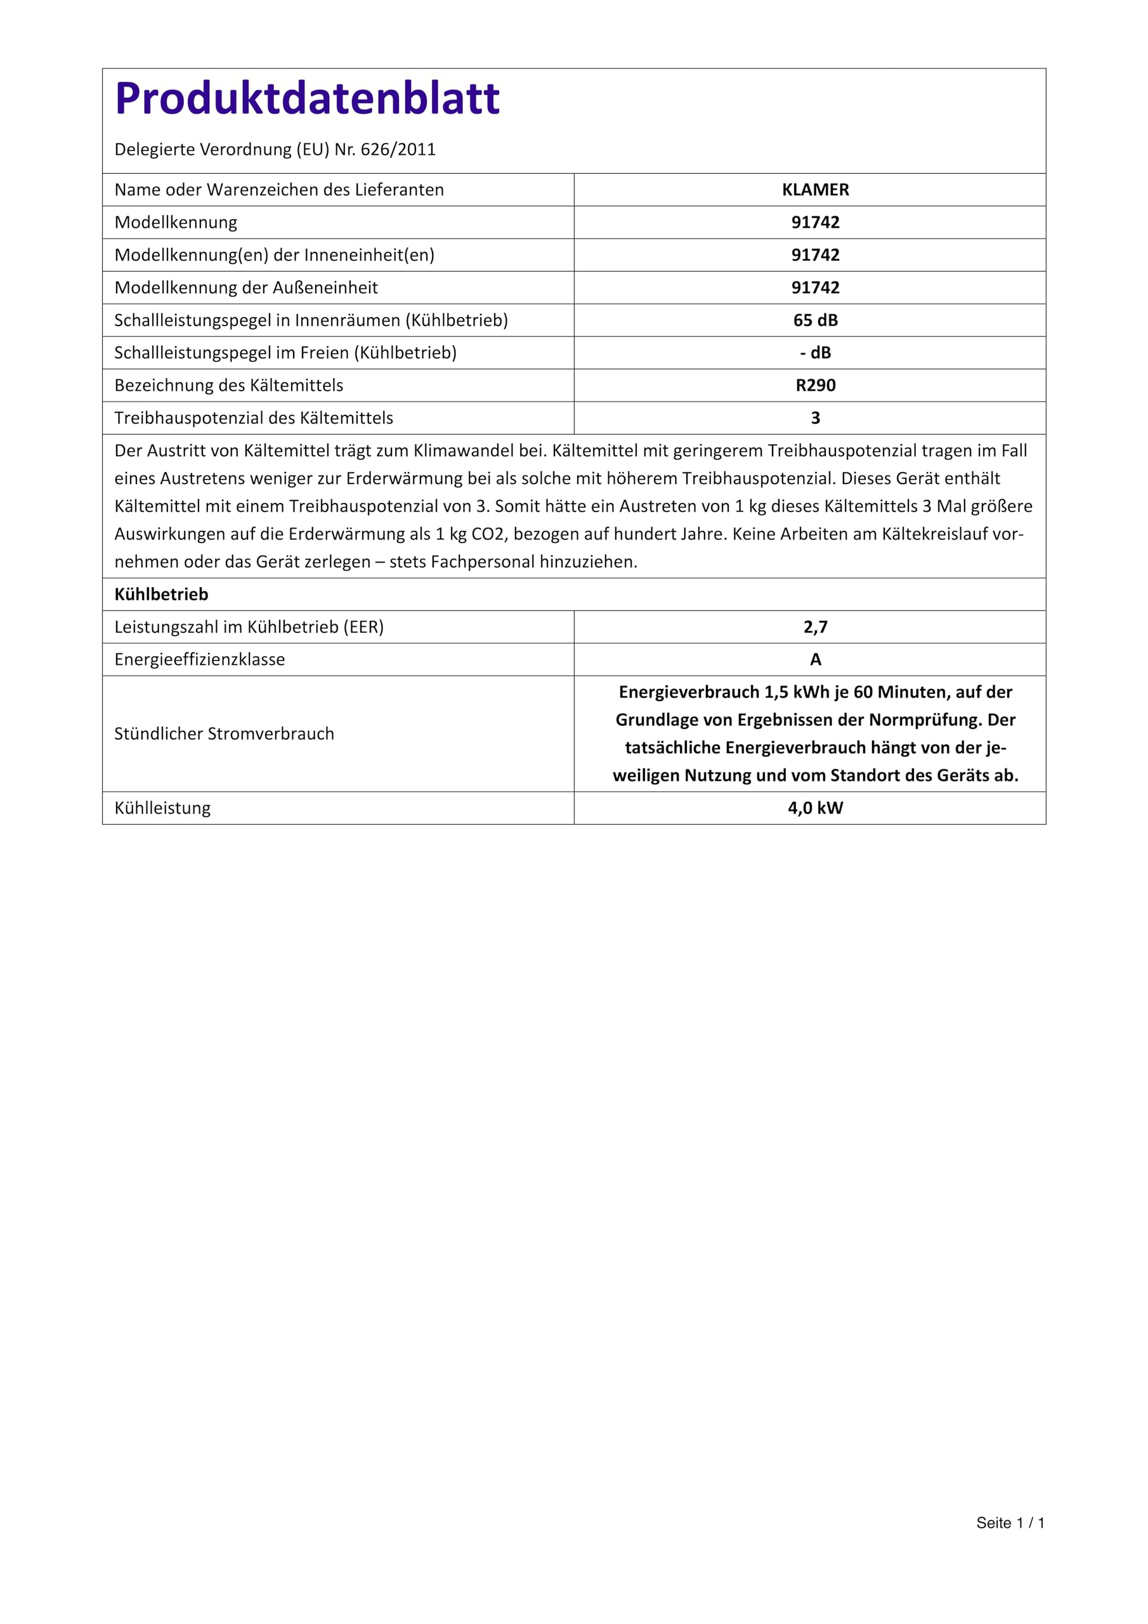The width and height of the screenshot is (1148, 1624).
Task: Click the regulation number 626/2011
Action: point(398,150)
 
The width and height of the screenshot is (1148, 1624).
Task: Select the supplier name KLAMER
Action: point(815,190)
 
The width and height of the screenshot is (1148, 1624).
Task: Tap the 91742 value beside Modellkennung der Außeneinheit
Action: point(815,288)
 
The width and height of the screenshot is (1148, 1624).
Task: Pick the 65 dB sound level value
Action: point(815,320)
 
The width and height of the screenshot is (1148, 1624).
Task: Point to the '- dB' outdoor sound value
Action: point(815,353)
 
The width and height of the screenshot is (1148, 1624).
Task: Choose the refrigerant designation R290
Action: point(815,386)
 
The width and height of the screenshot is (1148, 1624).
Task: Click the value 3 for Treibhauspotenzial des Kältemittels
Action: point(815,418)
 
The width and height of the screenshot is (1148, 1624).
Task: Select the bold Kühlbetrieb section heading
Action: point(161,595)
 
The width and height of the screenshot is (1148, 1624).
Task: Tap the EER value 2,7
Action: point(815,627)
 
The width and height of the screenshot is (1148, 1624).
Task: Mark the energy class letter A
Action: point(815,660)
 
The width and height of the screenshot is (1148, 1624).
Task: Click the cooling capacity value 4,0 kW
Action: point(815,808)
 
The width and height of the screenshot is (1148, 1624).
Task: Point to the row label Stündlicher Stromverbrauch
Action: point(225,734)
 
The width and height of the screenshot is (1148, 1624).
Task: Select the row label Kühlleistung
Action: point(163,808)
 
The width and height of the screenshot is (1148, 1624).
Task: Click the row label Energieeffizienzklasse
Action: point(199,660)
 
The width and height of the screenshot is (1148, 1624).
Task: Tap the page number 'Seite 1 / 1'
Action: point(1010,1523)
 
